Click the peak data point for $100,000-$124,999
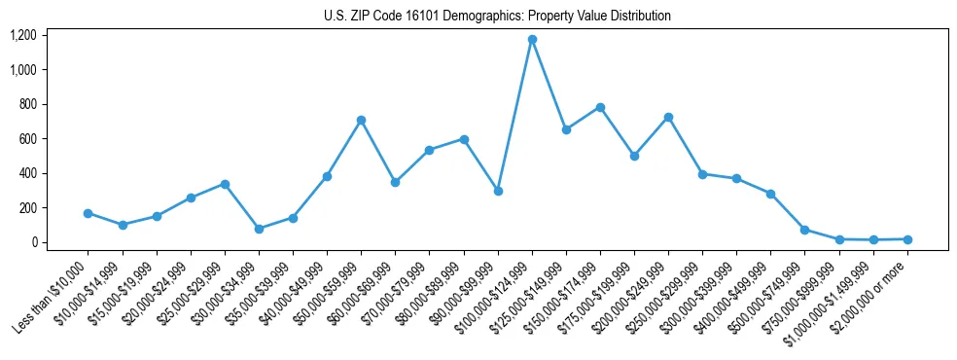tap(532, 40)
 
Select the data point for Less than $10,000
tap(88, 213)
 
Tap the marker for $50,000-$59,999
tap(361, 120)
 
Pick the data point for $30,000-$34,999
tap(259, 229)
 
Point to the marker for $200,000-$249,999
tap(668, 117)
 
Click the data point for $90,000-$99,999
tap(498, 191)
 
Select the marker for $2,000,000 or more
tap(907, 239)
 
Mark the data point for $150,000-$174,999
tap(600, 107)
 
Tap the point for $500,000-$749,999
tap(804, 230)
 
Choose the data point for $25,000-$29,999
tap(225, 184)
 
